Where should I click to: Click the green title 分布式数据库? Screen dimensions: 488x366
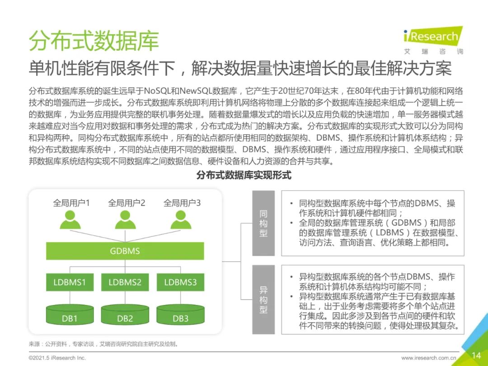click(94, 42)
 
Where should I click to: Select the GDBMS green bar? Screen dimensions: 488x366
click(125, 251)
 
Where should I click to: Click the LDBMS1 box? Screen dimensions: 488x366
click(70, 282)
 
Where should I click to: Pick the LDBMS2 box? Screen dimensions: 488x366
click(125, 282)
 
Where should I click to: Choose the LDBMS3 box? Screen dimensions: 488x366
click(180, 282)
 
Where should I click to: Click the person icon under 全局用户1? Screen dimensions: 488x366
click(70, 220)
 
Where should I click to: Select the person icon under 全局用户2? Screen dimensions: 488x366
click(125, 220)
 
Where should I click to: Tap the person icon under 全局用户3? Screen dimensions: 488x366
click(181, 220)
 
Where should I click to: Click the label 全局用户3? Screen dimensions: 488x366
click(182, 203)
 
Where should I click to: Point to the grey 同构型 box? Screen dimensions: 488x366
click(263, 223)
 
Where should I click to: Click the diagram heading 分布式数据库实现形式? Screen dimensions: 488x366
click(244, 175)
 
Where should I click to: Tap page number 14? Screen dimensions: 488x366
click(476, 355)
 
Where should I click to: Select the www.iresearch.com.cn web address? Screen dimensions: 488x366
click(428, 358)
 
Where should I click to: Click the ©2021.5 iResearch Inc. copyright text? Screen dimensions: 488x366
click(57, 358)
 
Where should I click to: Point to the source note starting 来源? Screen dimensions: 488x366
click(103, 344)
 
